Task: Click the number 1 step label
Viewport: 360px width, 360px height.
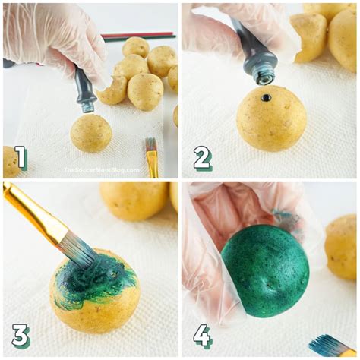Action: (21, 157)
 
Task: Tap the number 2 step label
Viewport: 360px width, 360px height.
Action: (202, 157)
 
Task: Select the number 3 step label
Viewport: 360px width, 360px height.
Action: (21, 335)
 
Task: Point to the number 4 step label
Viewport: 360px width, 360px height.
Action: (202, 335)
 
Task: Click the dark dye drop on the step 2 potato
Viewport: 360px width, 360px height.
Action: (266, 98)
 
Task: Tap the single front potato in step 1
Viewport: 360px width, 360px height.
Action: (91, 133)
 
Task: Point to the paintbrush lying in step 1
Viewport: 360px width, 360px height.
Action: (152, 156)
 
